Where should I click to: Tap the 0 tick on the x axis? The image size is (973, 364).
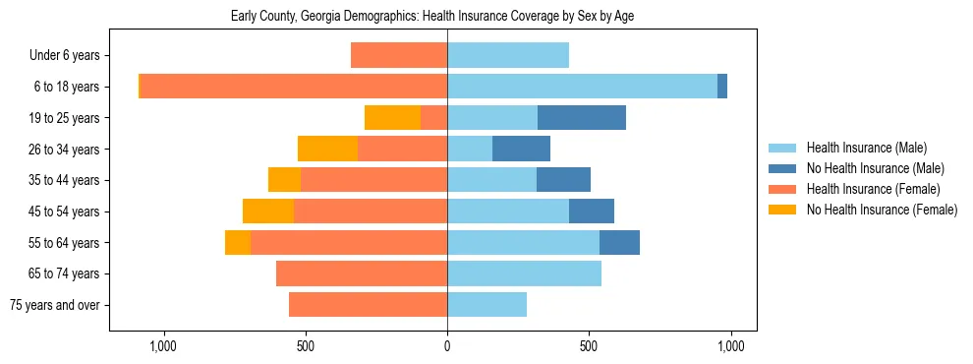(447, 347)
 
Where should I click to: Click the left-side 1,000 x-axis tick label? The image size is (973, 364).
(162, 347)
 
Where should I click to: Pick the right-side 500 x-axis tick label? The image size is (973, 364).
(589, 347)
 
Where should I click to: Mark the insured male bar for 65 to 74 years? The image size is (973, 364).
(524, 273)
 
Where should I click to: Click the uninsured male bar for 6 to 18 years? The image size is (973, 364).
(722, 87)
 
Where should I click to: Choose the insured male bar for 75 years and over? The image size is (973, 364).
(486, 305)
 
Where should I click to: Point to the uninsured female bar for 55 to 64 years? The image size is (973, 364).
(238, 243)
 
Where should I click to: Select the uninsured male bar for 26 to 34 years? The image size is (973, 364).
(521, 150)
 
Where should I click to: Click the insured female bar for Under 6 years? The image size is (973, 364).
(399, 56)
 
